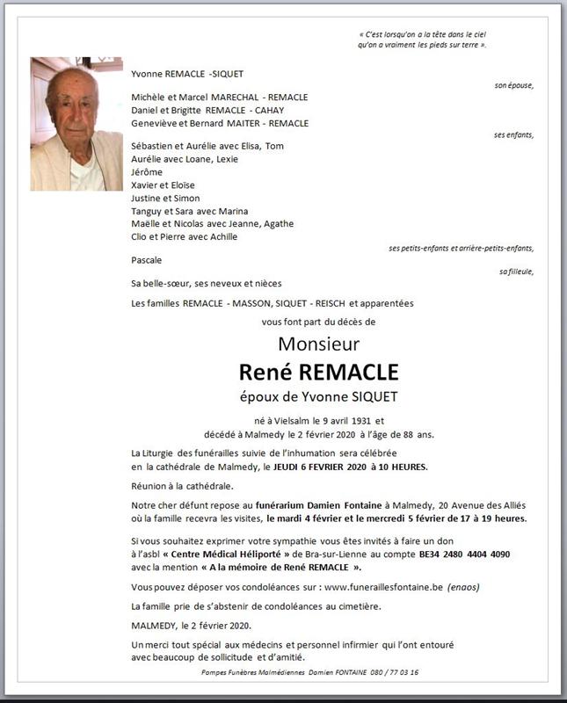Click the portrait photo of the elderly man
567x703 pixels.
click(76, 124)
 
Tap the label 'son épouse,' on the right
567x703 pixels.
click(513, 85)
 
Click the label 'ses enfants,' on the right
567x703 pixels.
click(513, 135)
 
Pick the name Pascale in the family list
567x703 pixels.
click(146, 260)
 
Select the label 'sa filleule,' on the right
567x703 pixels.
click(516, 272)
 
